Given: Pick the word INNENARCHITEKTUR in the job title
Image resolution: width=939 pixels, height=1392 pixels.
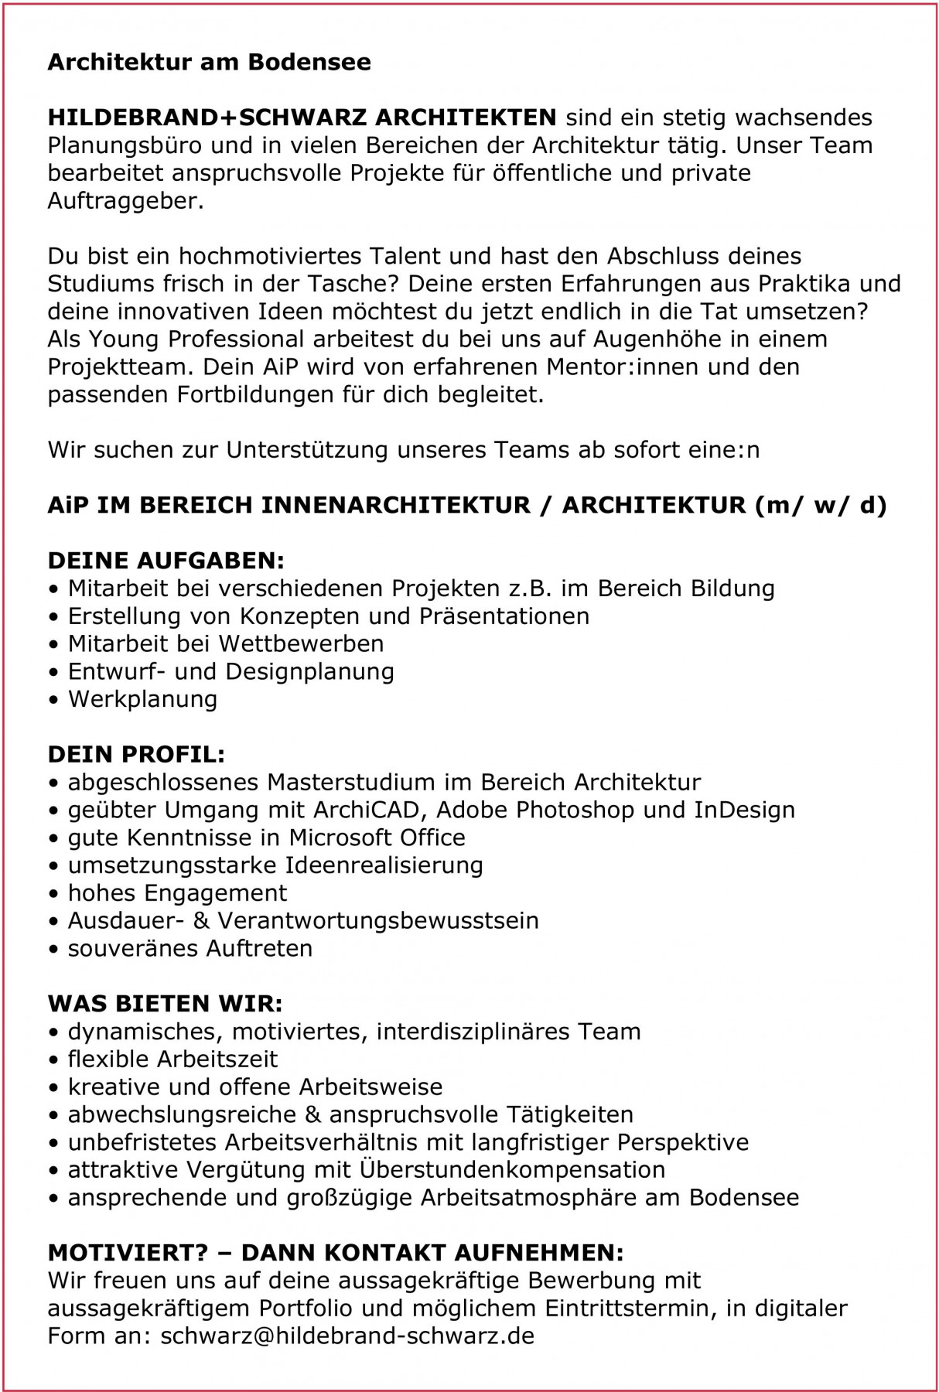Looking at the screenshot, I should coord(405,505).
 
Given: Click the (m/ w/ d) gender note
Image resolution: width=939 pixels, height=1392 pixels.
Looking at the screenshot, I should coord(818,505).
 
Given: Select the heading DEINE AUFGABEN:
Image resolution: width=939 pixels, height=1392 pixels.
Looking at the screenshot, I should coord(166,560).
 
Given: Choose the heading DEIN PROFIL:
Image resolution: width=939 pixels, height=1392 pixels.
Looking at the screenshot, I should coord(137,754).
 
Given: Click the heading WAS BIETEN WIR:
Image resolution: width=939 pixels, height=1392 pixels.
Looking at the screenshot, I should coord(166,1004).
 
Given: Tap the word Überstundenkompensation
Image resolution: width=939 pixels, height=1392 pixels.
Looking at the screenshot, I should coord(512,1169).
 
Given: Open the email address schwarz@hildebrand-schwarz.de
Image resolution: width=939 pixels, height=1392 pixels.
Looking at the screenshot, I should coord(347,1336).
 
